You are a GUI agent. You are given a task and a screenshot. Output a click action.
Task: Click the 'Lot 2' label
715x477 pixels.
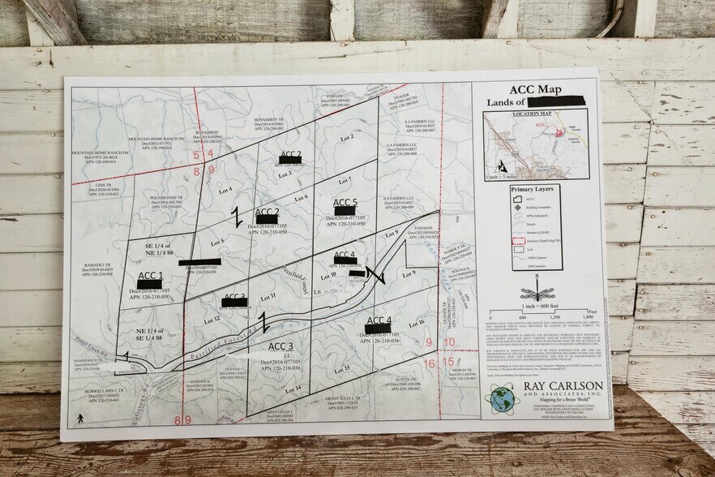[x=347, y=137]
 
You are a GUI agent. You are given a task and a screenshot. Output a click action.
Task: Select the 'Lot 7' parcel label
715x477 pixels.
[x=345, y=180]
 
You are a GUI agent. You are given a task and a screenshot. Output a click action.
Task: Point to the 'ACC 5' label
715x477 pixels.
[x=345, y=203]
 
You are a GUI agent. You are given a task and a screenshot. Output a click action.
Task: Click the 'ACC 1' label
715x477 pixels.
[x=150, y=276]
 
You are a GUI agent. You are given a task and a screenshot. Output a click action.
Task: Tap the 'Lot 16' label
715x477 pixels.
[x=416, y=323]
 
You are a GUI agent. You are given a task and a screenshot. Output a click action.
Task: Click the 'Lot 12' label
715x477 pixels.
[x=212, y=320]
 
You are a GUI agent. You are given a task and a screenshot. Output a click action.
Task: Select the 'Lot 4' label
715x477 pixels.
[x=225, y=190]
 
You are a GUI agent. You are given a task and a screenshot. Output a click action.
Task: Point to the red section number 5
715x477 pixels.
[x=196, y=153]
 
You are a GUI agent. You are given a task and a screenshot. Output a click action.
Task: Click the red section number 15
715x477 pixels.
[x=448, y=362]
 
